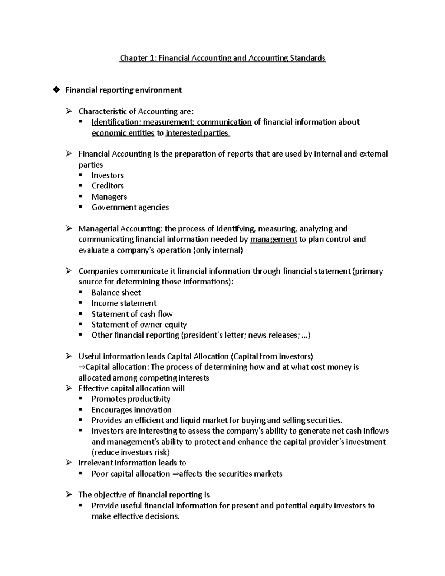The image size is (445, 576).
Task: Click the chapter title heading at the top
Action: [x=222, y=58]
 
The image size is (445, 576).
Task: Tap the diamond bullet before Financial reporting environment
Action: [x=56, y=90]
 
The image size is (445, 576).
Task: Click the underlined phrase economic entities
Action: [x=123, y=133]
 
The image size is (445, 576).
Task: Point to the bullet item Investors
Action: [x=108, y=175]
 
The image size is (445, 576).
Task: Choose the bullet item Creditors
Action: [x=108, y=186]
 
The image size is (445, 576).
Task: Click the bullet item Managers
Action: [x=109, y=197]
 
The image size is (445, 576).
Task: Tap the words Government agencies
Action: [x=130, y=207]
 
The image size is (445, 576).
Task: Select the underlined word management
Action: [x=273, y=240]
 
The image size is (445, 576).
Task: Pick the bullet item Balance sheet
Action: [x=116, y=293]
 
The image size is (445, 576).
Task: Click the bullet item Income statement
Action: [x=124, y=303]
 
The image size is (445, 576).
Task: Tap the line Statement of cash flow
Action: [x=132, y=314]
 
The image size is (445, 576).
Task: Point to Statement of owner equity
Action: [x=139, y=325]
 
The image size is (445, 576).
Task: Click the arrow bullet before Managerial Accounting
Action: [x=69, y=229]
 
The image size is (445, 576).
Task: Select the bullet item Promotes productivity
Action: [x=131, y=399]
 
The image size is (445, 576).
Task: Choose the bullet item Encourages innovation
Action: [x=131, y=410]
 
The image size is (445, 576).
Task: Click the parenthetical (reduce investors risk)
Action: [x=131, y=452]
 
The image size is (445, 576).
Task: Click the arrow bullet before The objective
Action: [x=69, y=495]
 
